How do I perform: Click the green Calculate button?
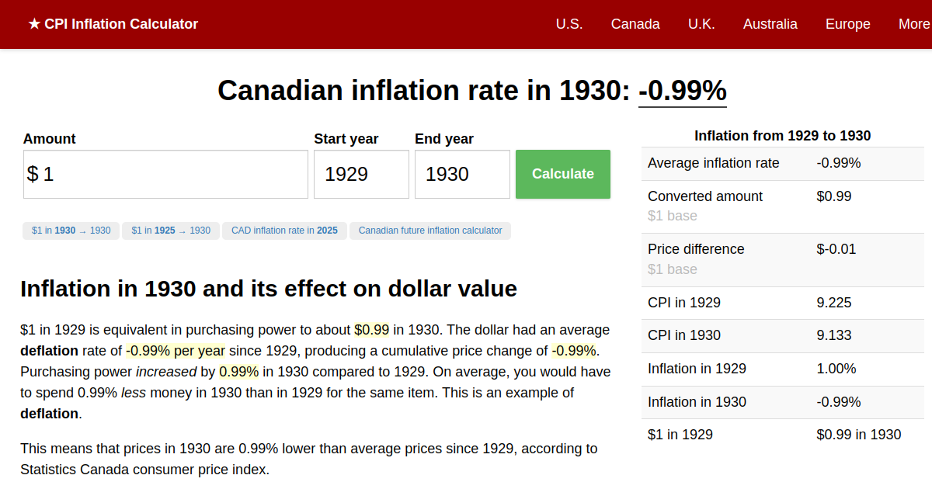[562, 174]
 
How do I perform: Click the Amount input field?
[165, 174]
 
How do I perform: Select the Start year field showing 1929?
[361, 174]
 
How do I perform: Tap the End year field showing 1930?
[462, 174]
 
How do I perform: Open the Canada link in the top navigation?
[635, 24]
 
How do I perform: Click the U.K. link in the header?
[701, 24]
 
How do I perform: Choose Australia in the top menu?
[770, 24]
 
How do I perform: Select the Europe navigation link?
[847, 24]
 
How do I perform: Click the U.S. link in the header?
[569, 24]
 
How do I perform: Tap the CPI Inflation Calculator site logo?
[113, 24]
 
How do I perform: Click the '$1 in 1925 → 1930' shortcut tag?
[171, 231]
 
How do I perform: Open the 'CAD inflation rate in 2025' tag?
[284, 231]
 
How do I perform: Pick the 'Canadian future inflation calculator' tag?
[430, 231]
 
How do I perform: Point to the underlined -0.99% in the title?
[682, 91]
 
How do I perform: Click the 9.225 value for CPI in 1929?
[833, 303]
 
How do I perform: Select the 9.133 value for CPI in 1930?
[833, 335]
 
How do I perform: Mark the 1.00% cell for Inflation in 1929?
[836, 369]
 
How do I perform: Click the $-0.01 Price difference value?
[836, 249]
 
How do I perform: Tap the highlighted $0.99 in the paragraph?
[371, 329]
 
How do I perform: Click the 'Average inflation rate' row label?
[713, 163]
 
